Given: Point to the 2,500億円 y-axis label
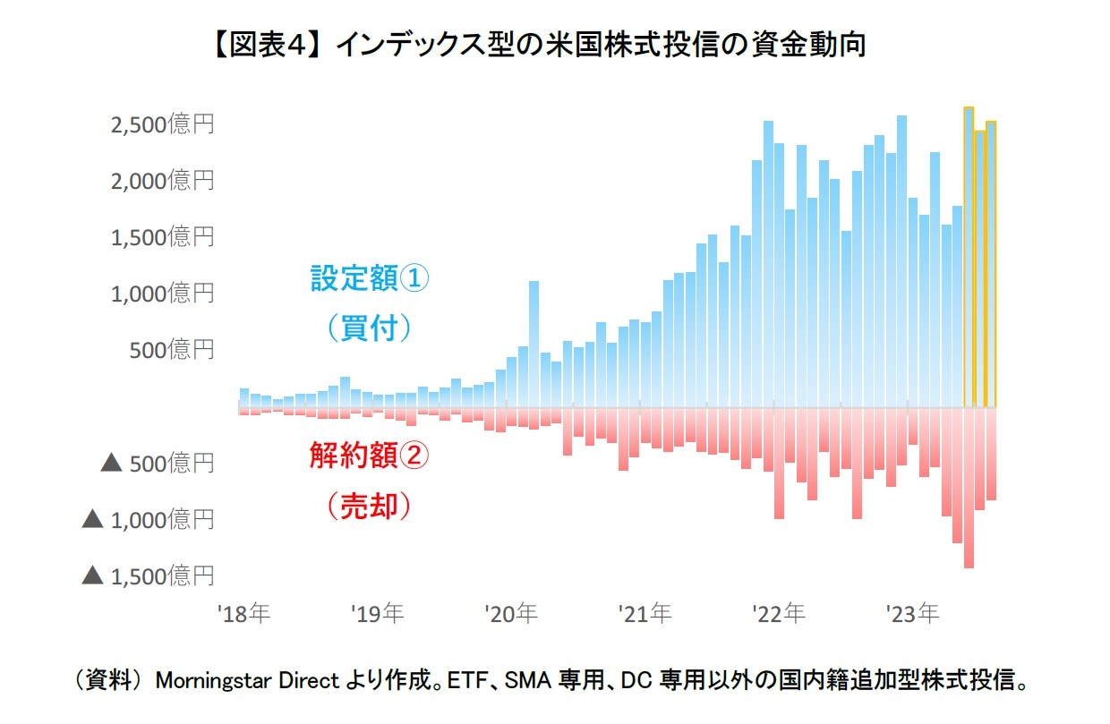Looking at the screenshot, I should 162,124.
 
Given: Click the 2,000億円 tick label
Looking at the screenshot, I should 162,181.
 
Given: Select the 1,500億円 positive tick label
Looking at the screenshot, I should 162,237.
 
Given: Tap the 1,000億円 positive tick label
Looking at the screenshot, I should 162,294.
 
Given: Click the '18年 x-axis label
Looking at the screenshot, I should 243,615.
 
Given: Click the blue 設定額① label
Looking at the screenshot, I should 370,279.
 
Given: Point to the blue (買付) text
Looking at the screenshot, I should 370,328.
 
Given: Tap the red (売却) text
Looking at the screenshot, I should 370,507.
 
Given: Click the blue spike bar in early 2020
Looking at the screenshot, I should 534,345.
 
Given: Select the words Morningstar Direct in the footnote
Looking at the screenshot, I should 248,681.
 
